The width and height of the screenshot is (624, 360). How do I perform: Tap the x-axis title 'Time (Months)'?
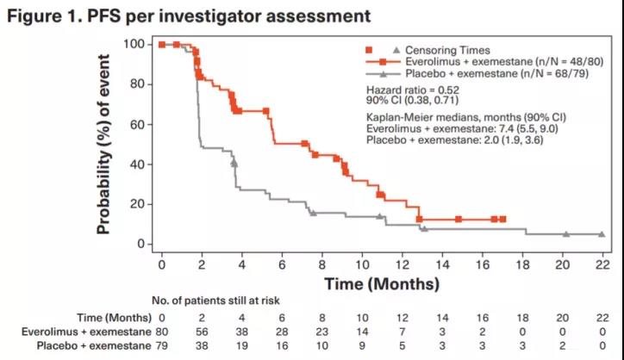(382, 282)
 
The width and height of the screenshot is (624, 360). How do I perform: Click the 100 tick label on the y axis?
(134, 44)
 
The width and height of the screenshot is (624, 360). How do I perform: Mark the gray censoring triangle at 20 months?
(566, 233)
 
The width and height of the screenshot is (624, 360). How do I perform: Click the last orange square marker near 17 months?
(502, 220)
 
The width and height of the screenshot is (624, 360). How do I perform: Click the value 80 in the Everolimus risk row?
(159, 330)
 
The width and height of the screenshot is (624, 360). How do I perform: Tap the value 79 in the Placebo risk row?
(159, 345)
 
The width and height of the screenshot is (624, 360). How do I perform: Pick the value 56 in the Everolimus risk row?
(201, 330)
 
